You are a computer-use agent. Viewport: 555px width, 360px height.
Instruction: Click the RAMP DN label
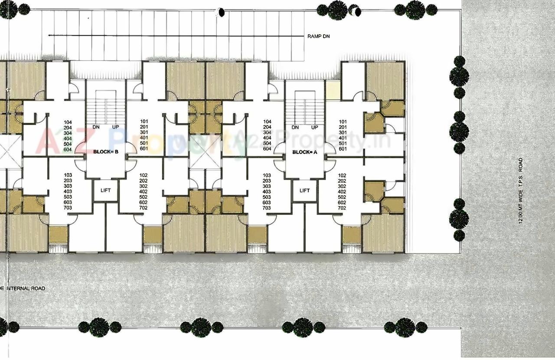(319, 36)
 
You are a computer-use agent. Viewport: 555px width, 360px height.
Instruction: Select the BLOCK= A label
(305, 152)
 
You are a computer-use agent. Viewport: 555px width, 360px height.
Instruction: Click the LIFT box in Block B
(106, 190)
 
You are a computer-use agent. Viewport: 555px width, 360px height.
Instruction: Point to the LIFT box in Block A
(305, 190)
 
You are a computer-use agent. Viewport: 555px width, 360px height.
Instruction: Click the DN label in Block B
(96, 128)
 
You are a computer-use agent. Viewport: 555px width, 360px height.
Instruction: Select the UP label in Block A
(315, 128)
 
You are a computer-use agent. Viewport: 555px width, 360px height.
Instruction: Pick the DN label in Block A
(295, 128)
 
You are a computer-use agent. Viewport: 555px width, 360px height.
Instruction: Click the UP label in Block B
(116, 128)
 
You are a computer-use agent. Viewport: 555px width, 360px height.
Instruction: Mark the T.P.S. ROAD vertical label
(520, 191)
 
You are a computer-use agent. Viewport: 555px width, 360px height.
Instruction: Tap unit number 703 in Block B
(68, 208)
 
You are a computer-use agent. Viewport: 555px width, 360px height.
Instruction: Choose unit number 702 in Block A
(342, 208)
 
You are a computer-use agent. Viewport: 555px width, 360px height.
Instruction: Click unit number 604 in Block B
(68, 149)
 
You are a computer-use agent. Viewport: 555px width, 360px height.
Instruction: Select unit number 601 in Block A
(343, 149)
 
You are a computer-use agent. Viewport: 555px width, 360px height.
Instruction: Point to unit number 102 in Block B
(144, 175)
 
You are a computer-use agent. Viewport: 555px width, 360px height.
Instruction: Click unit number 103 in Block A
(267, 175)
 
